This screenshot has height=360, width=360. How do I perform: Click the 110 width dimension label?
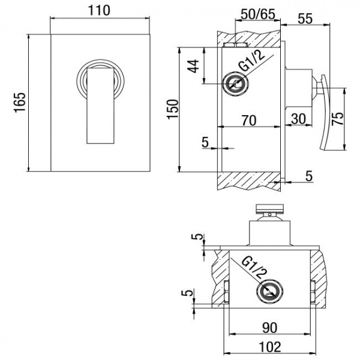tap(100, 10)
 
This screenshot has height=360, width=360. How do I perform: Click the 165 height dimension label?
tap(20, 103)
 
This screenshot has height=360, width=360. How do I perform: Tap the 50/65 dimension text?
tap(258, 14)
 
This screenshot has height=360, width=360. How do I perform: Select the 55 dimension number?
tap(305, 19)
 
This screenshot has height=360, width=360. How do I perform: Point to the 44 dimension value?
tap(193, 66)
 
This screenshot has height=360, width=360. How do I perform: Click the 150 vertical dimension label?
tap(173, 109)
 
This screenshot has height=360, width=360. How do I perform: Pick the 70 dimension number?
tap(249, 121)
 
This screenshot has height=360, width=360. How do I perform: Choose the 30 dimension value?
tap(298, 119)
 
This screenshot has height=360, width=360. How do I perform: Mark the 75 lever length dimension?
tap(338, 118)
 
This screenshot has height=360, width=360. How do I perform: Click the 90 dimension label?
tap(270, 328)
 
